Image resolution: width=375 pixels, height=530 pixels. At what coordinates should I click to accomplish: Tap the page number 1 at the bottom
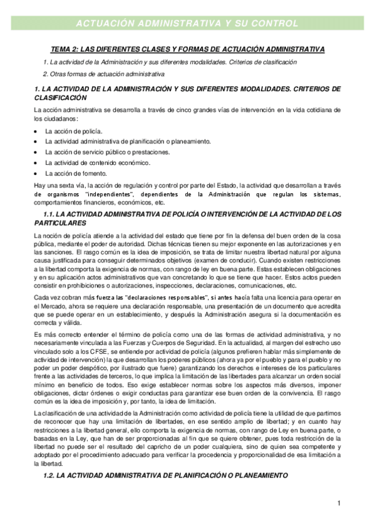339,503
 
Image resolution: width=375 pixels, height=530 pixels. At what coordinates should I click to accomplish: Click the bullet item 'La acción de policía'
72,131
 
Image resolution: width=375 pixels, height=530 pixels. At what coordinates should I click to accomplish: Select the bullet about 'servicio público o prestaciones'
98,152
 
